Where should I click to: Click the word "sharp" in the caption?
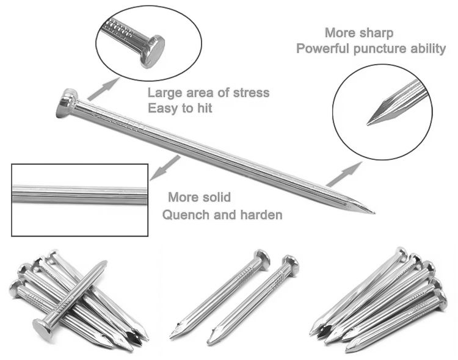pos(376,34)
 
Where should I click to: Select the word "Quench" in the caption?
pos(186,215)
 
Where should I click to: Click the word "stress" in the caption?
pos(251,93)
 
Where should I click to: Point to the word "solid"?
pos(216,197)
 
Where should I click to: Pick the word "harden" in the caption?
pos(261,215)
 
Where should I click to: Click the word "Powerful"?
pos(323,48)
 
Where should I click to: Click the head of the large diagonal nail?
pos(67,103)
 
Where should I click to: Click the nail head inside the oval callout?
pos(152,52)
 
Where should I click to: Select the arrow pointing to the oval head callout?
pos(104,88)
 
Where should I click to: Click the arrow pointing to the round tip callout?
pos(344,174)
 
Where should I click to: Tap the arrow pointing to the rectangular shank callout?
pos(165,168)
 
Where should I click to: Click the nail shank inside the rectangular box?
pos(80,195)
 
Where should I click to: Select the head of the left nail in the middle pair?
pos(262,257)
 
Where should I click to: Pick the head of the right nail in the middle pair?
pos(291,264)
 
